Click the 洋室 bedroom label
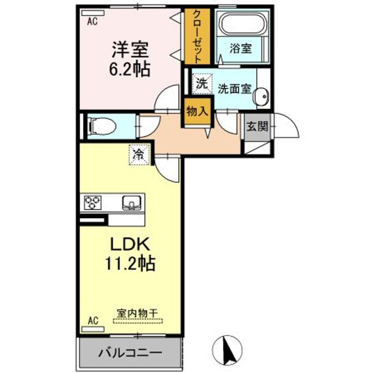(x=130, y=50)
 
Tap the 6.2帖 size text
(x=130, y=69)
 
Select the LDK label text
(x=130, y=244)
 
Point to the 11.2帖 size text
(x=130, y=264)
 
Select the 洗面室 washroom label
(x=234, y=88)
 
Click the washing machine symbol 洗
(x=202, y=82)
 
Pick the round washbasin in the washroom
(x=261, y=96)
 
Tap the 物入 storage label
(x=197, y=111)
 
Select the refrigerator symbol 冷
(x=139, y=154)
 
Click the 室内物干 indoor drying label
(x=137, y=313)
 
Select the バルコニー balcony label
(x=130, y=353)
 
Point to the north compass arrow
(x=227, y=350)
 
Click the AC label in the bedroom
(x=92, y=21)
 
